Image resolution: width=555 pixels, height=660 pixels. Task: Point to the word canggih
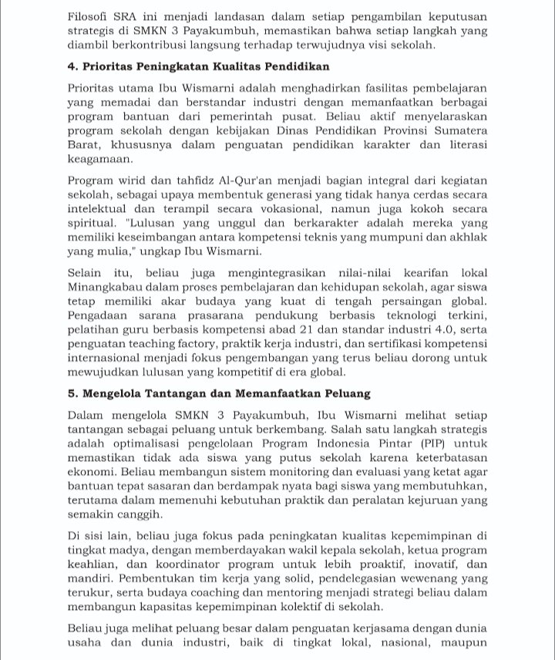138,514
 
